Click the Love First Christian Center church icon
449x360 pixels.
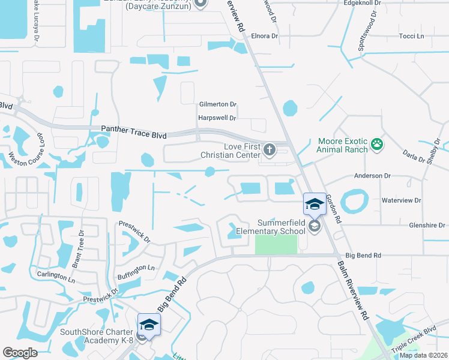[269, 149]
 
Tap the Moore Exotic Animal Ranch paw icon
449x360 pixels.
[377, 143]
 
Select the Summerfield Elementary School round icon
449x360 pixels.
[315, 226]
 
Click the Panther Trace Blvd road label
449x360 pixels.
[133, 129]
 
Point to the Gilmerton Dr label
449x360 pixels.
[218, 104]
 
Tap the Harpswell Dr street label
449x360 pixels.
[218, 118]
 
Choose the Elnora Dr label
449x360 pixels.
[265, 36]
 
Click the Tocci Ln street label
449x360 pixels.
[411, 37]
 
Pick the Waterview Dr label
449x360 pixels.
[401, 200]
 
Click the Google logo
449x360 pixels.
[20, 353]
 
